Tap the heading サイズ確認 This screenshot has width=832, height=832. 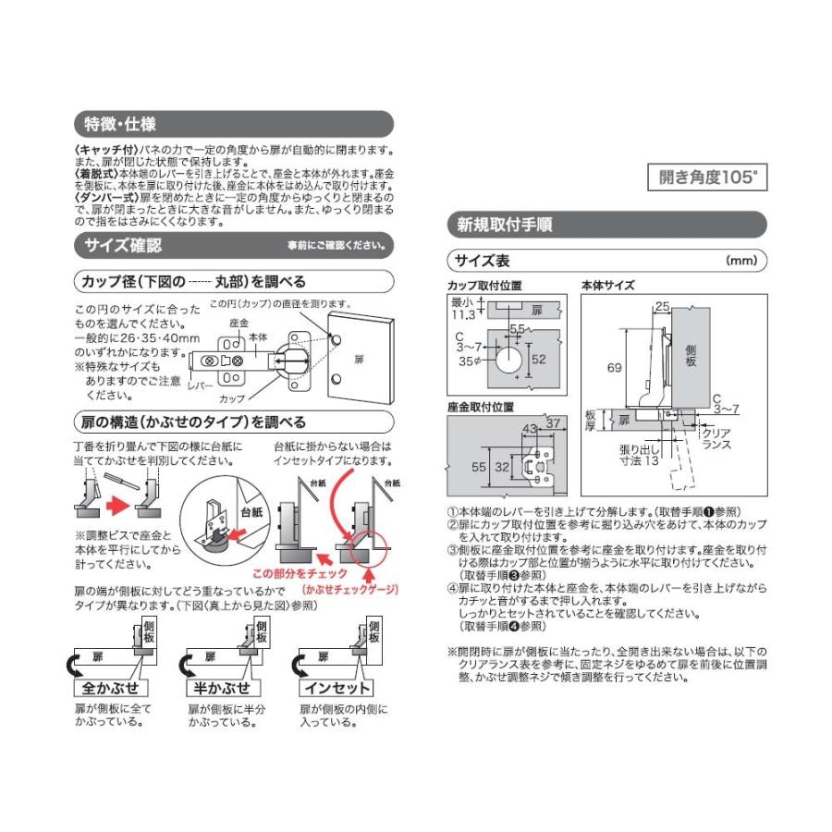click(x=124, y=245)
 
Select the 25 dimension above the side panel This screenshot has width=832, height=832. click(x=663, y=306)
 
